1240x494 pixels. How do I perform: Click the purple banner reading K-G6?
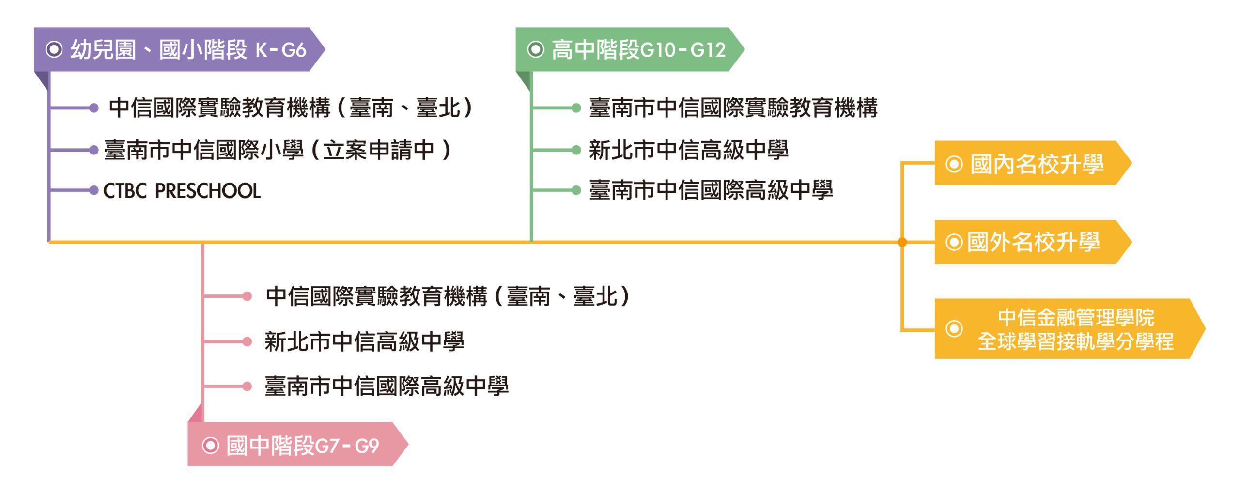179,49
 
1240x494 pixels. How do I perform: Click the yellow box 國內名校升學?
1032,164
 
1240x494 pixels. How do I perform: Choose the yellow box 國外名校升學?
1032,242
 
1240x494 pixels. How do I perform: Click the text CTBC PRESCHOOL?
182,191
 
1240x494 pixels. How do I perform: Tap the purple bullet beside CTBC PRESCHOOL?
94,191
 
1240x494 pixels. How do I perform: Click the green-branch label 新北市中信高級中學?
688,150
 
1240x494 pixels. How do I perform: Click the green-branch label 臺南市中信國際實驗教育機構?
733,108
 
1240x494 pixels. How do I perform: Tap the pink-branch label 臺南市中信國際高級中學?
387,386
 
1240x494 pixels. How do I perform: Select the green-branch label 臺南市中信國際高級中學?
711,190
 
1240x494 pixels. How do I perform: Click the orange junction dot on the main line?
902,242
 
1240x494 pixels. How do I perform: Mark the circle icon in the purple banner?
54,49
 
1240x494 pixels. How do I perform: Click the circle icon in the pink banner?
210,445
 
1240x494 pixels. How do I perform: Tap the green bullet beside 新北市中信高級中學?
576,150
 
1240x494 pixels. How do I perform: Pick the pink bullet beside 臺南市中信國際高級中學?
247,386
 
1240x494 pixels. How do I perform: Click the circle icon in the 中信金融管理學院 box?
954,329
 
